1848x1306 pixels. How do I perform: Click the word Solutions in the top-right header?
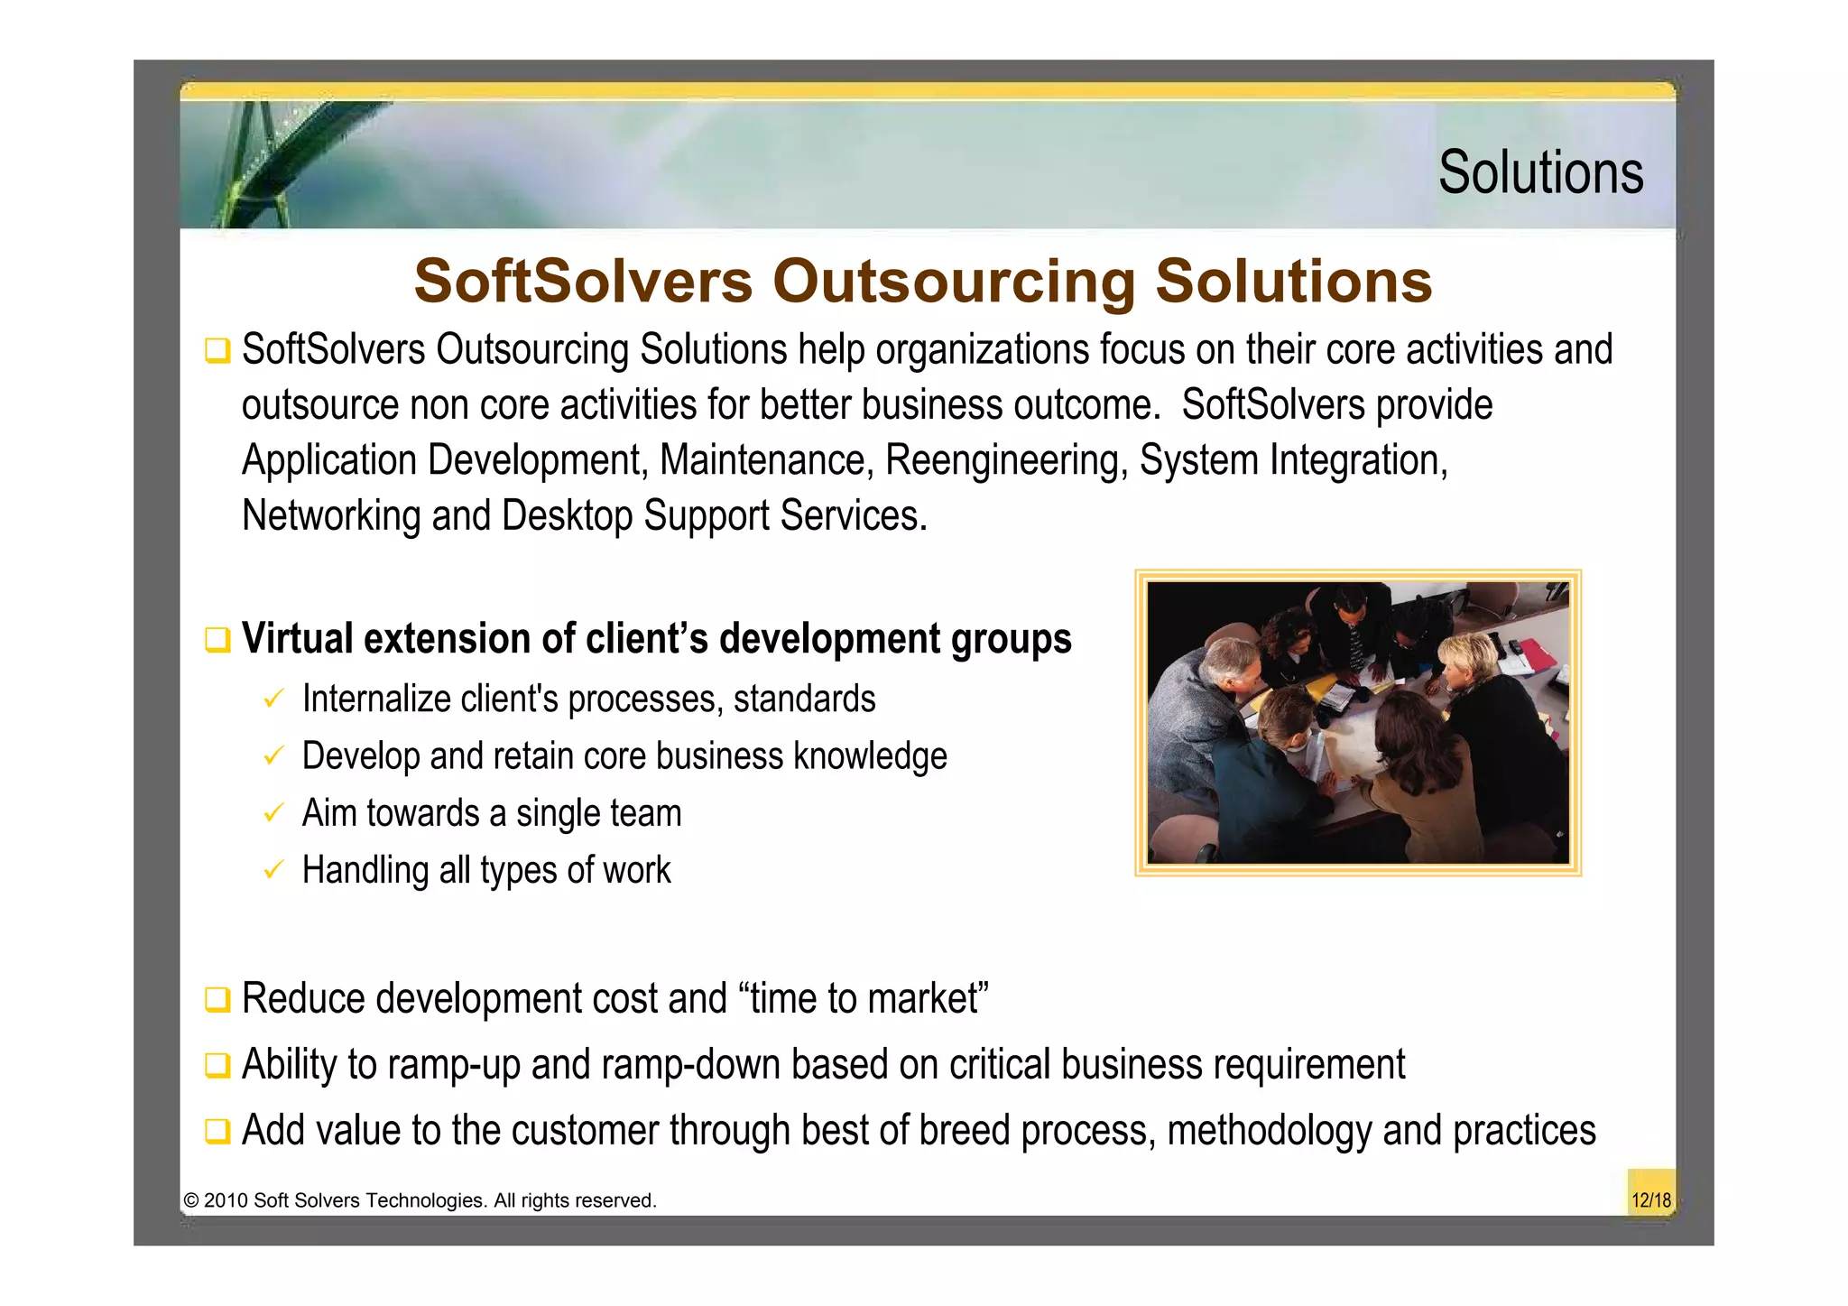[x=1540, y=172]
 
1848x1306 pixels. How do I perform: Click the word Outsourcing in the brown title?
[x=953, y=281]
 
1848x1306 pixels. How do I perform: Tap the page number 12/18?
[x=1650, y=1199]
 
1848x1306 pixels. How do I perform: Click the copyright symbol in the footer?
[x=190, y=1200]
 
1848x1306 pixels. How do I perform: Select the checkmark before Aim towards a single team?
[x=273, y=812]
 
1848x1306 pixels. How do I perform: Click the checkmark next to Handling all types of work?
[x=273, y=870]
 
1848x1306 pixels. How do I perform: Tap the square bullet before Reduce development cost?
[x=217, y=1000]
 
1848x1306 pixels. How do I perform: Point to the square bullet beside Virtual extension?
[x=217, y=640]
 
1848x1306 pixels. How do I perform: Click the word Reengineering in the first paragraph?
[x=1006, y=460]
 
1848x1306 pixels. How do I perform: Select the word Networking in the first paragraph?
[x=331, y=516]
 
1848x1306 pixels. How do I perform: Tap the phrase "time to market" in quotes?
[x=864, y=999]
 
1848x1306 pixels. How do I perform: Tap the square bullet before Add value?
[x=217, y=1131]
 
